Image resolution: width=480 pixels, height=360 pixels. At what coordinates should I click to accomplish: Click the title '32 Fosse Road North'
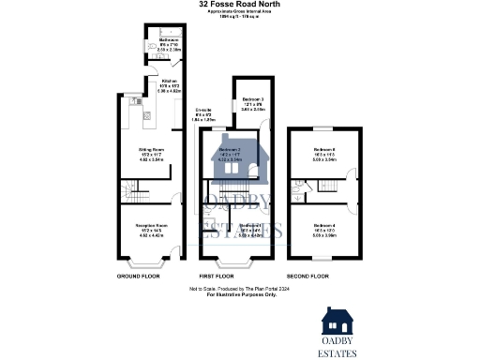click(x=239, y=5)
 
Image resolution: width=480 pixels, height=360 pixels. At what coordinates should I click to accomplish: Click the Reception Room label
click(x=139, y=227)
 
